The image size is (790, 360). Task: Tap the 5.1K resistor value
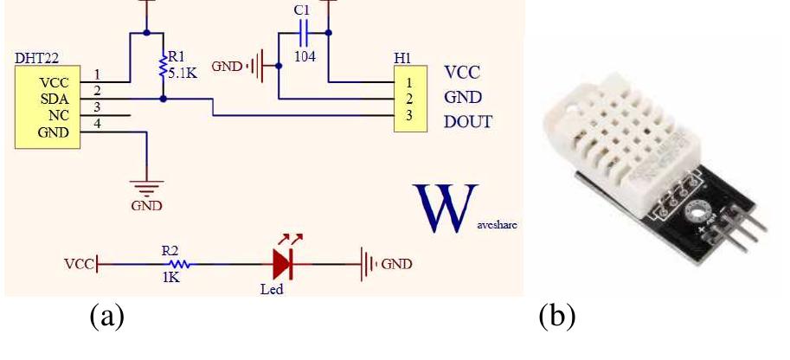pos(183,74)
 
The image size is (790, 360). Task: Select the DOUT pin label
pos(467,121)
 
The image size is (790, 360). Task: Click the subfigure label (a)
pos(107,318)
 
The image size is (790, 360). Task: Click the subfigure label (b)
pos(556,318)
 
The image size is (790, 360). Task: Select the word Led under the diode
pos(272,289)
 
